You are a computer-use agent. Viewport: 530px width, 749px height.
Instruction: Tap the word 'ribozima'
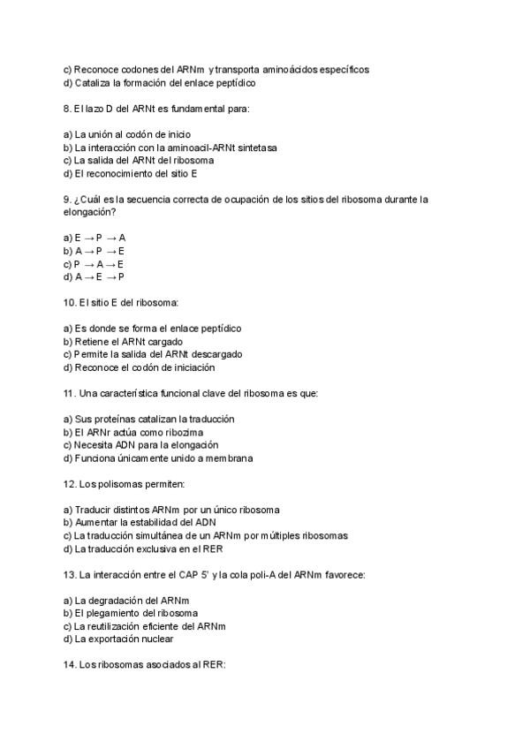pyautogui.click(x=182, y=433)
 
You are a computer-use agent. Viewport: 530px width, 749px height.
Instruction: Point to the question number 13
pyautogui.click(x=70, y=575)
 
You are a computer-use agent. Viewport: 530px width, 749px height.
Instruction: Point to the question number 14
pyautogui.click(x=70, y=667)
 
